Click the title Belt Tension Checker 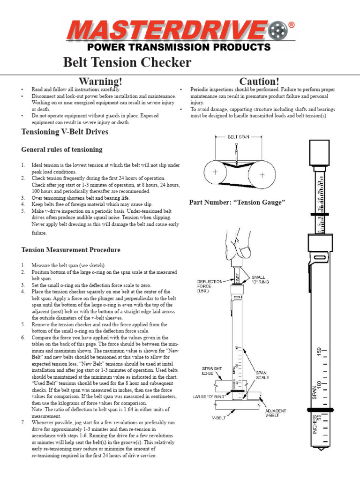pos(127,62)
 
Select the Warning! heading pos(101,82)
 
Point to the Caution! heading pos(259,82)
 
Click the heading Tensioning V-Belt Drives pos(65,132)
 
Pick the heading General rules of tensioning pos(62,150)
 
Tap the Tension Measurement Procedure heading pos(71,250)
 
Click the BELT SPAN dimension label pos(238,137)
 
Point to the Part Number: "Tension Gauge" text pos(237,202)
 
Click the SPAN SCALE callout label pos(262,376)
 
